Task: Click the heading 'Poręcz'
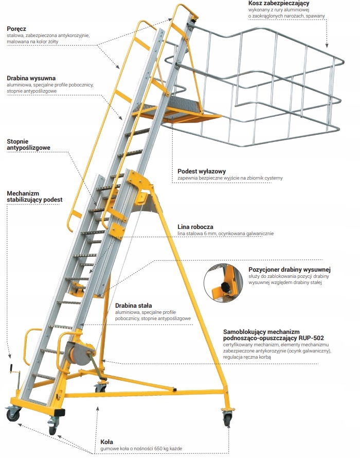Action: tap(16, 29)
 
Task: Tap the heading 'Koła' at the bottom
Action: tap(106, 441)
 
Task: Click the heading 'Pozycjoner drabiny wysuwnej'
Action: tap(289, 269)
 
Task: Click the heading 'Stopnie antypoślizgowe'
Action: tap(28, 145)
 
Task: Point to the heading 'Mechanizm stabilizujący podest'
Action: tap(34, 196)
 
